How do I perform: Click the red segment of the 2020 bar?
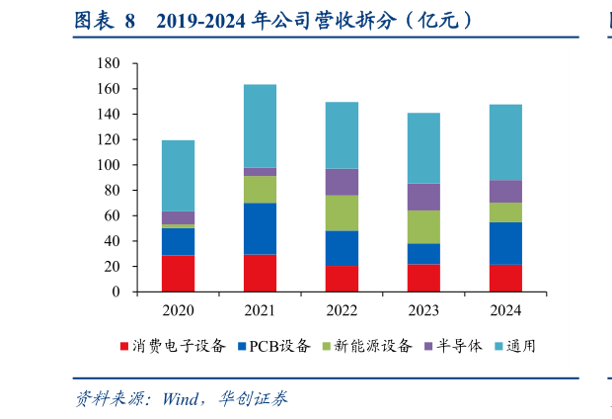pos(179,274)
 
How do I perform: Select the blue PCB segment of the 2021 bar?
pos(261,228)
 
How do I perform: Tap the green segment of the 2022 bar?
pos(343,212)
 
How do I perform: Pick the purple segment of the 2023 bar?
pos(423,197)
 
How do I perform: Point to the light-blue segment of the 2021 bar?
pos(261,126)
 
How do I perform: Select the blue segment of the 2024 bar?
pos(505,243)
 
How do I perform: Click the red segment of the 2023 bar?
pos(423,278)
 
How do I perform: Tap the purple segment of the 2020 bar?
pos(179,217)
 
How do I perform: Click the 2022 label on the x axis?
pos(343,311)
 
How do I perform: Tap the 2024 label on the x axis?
pos(505,311)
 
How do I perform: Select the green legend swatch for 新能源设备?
pos(327,346)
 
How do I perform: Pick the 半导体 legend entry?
pos(452,346)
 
